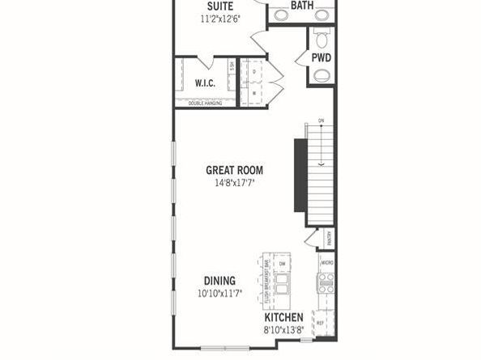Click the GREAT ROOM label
(x=234, y=170)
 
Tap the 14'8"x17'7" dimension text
(x=234, y=184)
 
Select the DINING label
(x=219, y=281)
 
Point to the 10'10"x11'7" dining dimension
(x=219, y=294)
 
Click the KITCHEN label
(x=283, y=318)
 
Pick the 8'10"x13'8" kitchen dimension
(x=283, y=331)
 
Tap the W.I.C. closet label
(x=203, y=83)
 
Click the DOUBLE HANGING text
(x=205, y=103)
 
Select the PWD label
(x=321, y=57)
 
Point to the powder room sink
(x=321, y=76)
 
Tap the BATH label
(x=302, y=6)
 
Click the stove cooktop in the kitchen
(x=326, y=282)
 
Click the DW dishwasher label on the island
(x=283, y=265)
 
